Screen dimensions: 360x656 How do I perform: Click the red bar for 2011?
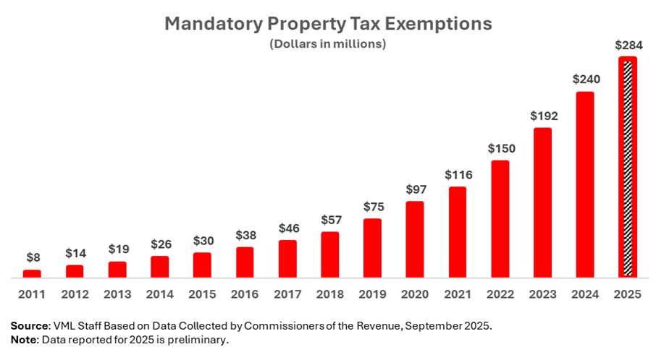pyautogui.click(x=32, y=273)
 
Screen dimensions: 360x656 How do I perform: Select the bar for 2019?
pyautogui.click(x=372, y=248)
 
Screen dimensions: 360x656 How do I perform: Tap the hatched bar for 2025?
pyautogui.click(x=628, y=168)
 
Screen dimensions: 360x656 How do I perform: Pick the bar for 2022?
pyautogui.click(x=500, y=218)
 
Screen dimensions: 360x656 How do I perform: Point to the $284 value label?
pyautogui.click(x=628, y=45)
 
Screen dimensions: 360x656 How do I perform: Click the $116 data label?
pyautogui.click(x=458, y=175)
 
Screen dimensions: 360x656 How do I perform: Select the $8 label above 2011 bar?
pyautogui.click(x=32, y=257)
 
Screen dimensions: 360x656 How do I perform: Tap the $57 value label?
pyautogui.click(x=329, y=220)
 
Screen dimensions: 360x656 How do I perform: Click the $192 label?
pyautogui.click(x=542, y=116)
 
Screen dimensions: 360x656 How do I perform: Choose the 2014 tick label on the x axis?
pyautogui.click(x=159, y=294)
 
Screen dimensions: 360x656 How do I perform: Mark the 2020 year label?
pyautogui.click(x=415, y=294)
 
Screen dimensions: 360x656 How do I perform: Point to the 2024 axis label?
pyautogui.click(x=585, y=294)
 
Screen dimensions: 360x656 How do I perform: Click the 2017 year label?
pyautogui.click(x=287, y=294)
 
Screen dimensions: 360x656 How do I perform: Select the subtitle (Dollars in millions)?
pyautogui.click(x=327, y=44)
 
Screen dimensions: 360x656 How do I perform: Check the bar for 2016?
pyautogui.click(x=245, y=262)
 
